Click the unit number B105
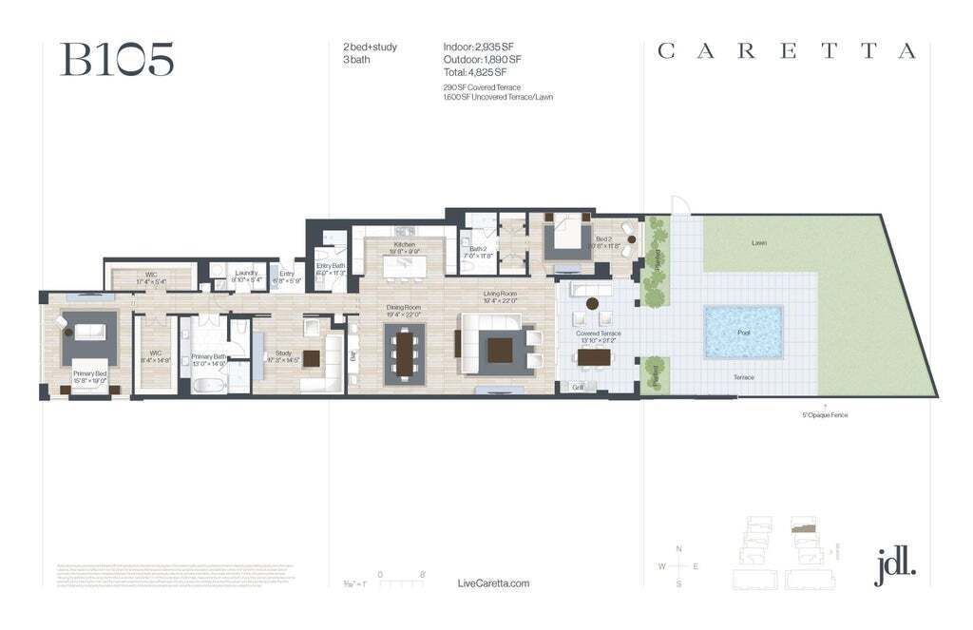point(117,60)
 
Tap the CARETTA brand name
point(787,52)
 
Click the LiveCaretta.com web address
point(493,583)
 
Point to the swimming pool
point(743,333)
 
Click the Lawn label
point(758,243)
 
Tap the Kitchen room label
point(405,245)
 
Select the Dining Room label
point(404,308)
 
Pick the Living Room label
point(499,295)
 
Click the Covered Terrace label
point(598,334)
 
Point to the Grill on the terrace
point(577,387)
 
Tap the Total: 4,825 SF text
point(475,72)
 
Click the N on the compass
point(678,549)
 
